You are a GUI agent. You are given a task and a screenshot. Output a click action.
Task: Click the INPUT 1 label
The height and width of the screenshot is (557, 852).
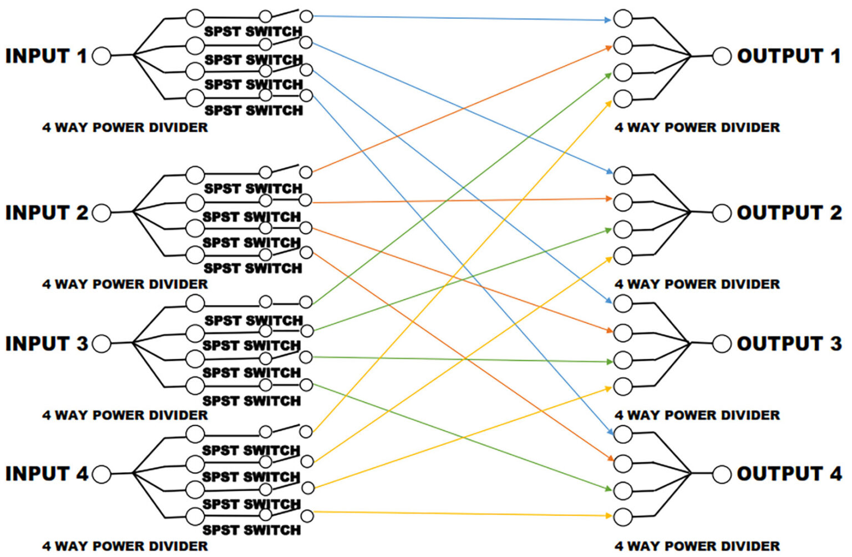[46, 56]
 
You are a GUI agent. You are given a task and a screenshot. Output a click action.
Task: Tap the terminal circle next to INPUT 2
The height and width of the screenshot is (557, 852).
[102, 213]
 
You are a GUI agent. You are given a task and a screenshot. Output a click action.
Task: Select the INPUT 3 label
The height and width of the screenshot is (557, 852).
[47, 344]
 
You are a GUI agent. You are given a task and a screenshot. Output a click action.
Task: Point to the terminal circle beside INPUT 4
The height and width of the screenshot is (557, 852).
[102, 474]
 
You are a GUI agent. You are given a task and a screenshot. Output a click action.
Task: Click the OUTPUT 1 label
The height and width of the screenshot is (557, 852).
[788, 56]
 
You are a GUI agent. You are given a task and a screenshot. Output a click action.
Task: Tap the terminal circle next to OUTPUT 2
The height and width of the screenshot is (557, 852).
[722, 213]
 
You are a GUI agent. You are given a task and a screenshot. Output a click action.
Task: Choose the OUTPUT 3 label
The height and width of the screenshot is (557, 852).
[789, 344]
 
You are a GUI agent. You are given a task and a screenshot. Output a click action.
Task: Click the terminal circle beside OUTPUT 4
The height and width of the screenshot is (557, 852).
[722, 474]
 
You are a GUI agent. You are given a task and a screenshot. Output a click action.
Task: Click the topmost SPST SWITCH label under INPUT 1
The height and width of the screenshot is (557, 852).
[253, 32]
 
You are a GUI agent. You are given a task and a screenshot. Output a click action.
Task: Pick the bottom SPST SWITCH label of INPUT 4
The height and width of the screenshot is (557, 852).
[251, 530]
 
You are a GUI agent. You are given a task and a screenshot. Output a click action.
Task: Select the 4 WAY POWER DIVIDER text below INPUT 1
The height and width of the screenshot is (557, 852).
[125, 128]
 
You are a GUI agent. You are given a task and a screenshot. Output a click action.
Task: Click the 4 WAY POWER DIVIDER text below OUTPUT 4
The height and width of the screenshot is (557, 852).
[697, 546]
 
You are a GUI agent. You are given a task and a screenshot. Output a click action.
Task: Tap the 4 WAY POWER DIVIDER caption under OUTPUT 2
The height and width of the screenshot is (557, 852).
[697, 284]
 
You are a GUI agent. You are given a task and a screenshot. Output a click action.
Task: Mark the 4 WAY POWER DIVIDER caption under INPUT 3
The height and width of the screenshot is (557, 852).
[125, 415]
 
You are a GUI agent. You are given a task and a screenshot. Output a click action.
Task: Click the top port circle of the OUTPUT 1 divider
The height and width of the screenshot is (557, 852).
[623, 18]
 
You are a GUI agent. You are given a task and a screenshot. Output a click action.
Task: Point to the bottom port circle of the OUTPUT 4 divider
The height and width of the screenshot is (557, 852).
[623, 516]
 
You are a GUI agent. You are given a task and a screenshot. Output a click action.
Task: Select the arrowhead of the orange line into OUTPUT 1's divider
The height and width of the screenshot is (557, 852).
[608, 48]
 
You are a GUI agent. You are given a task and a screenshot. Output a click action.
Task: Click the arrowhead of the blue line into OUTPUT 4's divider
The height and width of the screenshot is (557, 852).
[609, 432]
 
